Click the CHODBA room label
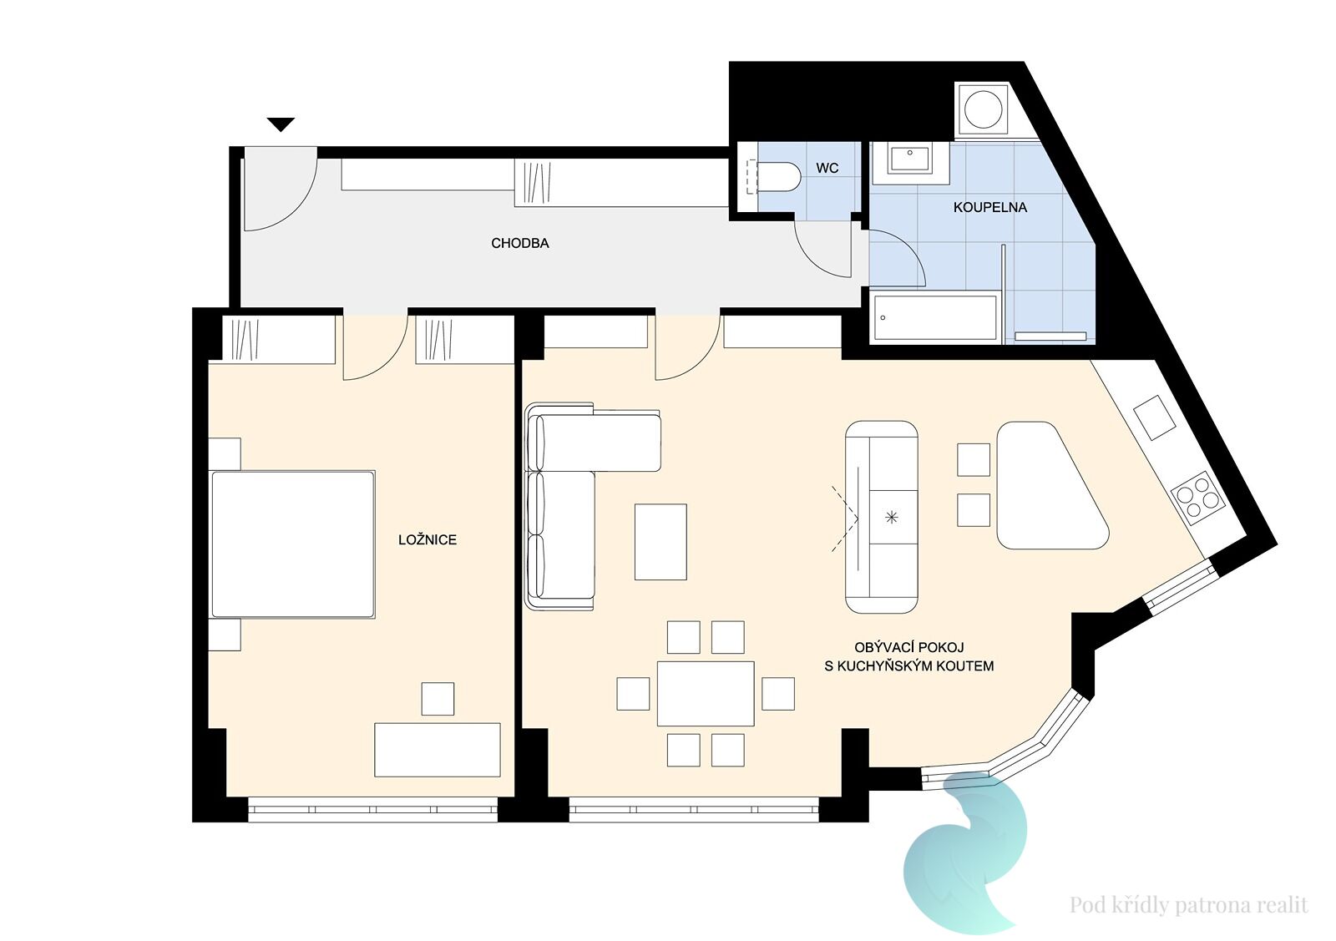click(x=519, y=243)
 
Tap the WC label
click(x=827, y=168)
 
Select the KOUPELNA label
click(x=989, y=208)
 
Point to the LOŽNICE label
click(x=427, y=539)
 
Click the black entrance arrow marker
click(x=281, y=124)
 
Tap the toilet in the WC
click(x=773, y=176)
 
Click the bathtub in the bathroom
click(x=934, y=318)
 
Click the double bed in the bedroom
click(x=293, y=544)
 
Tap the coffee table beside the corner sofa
click(x=660, y=541)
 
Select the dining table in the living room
click(x=706, y=694)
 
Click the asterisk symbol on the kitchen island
click(x=891, y=517)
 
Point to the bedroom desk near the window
click(x=438, y=750)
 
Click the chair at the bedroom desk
click(x=438, y=699)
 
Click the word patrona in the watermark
click(x=1215, y=904)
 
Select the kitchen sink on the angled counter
click(x=1154, y=417)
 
